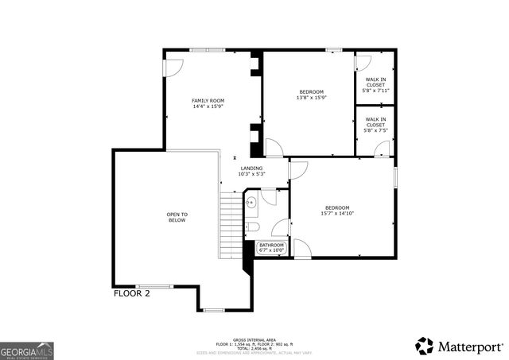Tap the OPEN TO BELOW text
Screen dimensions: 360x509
point(177,217)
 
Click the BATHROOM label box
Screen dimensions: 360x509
point(271,247)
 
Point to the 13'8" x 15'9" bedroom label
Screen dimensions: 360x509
point(312,95)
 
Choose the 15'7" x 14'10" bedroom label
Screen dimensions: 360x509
point(337,211)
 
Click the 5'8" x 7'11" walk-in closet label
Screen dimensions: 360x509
point(376,85)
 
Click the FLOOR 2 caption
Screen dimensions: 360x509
point(131,293)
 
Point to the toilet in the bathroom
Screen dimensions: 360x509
point(252,228)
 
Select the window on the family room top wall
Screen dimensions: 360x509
point(207,50)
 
